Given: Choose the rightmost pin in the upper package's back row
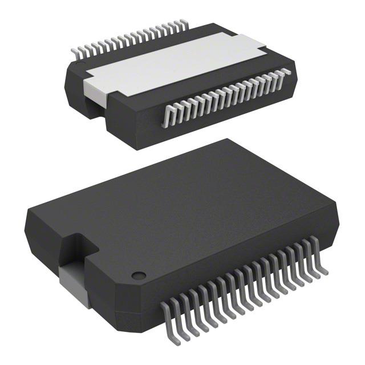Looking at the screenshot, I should pyautogui.click(x=184, y=23).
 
